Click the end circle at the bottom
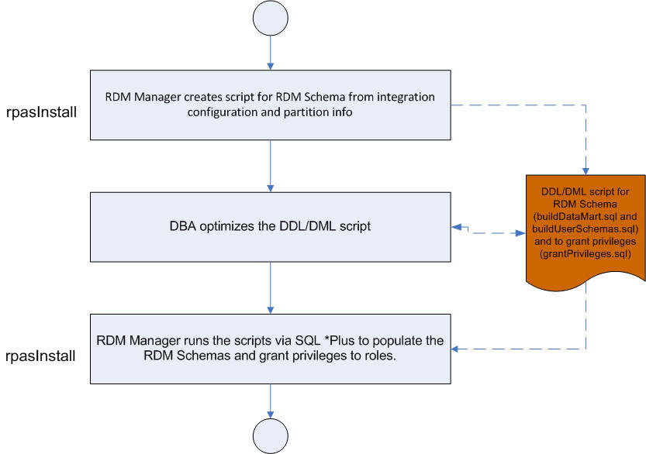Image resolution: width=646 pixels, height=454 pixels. click(269, 435)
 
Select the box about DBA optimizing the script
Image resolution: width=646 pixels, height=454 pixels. click(269, 228)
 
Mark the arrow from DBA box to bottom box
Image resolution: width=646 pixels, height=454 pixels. click(269, 288)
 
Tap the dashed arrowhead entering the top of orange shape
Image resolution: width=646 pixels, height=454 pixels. click(586, 172)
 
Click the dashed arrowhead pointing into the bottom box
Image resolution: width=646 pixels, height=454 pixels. click(457, 350)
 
